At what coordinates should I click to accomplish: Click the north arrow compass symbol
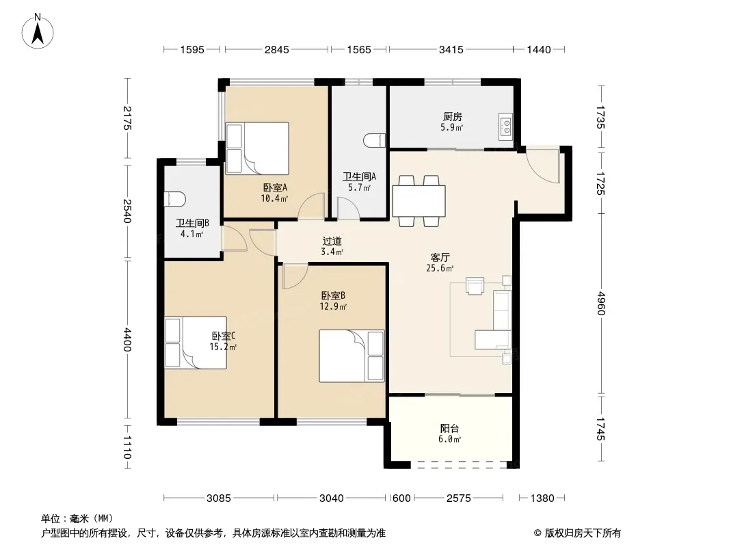[x=38, y=31]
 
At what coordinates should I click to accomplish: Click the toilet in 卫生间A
[x=375, y=141]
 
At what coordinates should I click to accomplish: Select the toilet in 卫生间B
[x=175, y=199]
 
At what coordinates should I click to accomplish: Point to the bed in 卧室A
[x=257, y=148]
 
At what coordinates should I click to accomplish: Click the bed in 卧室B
[x=352, y=356]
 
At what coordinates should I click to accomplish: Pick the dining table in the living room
[x=419, y=201]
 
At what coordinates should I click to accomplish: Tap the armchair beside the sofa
[x=475, y=286]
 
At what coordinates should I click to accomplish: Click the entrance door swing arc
[x=542, y=169]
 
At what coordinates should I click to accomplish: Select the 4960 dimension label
[x=602, y=303]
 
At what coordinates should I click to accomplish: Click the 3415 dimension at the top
[x=451, y=50]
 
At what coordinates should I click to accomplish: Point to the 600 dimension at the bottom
[x=401, y=498]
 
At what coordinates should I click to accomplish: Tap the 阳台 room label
[x=449, y=428]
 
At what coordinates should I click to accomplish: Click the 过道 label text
[x=332, y=241]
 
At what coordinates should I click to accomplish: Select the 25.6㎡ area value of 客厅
[x=440, y=268]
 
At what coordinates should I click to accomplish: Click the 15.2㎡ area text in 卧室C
[x=223, y=347]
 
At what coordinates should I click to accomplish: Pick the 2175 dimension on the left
[x=127, y=118]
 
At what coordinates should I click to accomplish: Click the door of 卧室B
[x=295, y=276]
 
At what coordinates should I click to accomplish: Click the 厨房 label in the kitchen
[x=452, y=116]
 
